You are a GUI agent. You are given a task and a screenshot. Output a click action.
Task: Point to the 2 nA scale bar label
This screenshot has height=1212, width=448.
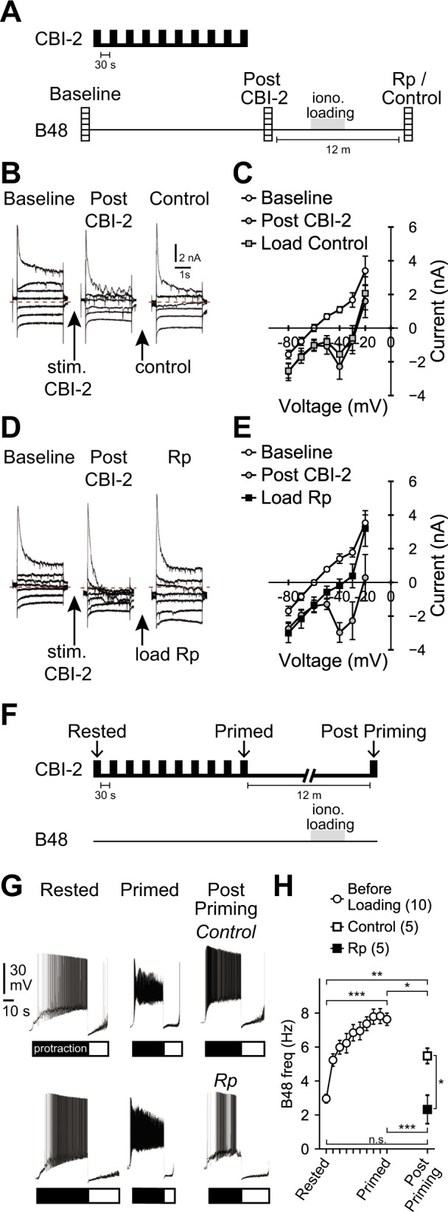point(190,258)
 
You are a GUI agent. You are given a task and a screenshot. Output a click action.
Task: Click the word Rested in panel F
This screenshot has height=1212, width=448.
point(97,733)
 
